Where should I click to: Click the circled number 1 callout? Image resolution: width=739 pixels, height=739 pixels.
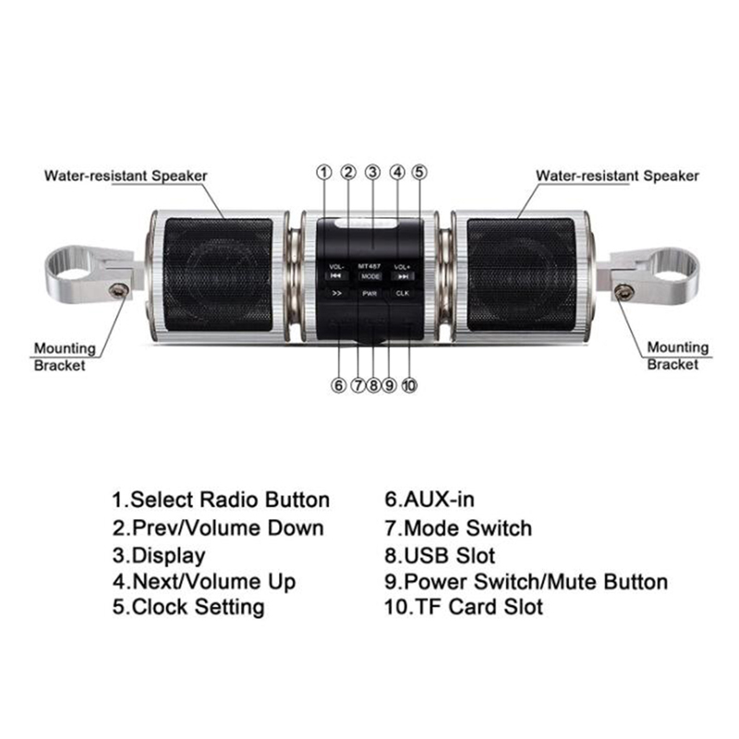pyautogui.click(x=324, y=173)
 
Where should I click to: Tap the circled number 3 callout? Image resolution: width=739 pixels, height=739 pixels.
pyautogui.click(x=373, y=173)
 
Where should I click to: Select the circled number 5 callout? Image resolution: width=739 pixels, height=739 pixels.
pyautogui.click(x=419, y=173)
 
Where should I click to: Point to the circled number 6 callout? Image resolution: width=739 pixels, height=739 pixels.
pyautogui.click(x=338, y=385)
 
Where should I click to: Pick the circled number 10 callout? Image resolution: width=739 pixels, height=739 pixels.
pyautogui.click(x=409, y=385)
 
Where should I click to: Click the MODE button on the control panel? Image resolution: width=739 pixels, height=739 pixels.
pyautogui.click(x=370, y=276)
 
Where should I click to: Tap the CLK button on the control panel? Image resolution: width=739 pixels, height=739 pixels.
pyautogui.click(x=403, y=293)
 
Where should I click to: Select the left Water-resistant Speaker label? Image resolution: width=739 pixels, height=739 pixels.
pyautogui.click(x=126, y=176)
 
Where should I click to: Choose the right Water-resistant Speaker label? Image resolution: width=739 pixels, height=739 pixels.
pyautogui.click(x=617, y=176)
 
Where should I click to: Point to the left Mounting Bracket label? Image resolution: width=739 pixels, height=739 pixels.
pyautogui.click(x=65, y=357)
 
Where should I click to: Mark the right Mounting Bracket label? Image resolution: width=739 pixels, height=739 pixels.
pyautogui.click(x=678, y=356)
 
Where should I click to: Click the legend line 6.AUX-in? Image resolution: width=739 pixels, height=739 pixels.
pyautogui.click(x=430, y=500)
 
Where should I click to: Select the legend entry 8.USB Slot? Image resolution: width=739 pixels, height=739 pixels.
pyautogui.click(x=440, y=556)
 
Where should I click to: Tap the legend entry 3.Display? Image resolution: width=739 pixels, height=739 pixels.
pyautogui.click(x=159, y=556)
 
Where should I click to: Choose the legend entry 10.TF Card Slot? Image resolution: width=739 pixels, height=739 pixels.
pyautogui.click(x=464, y=607)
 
